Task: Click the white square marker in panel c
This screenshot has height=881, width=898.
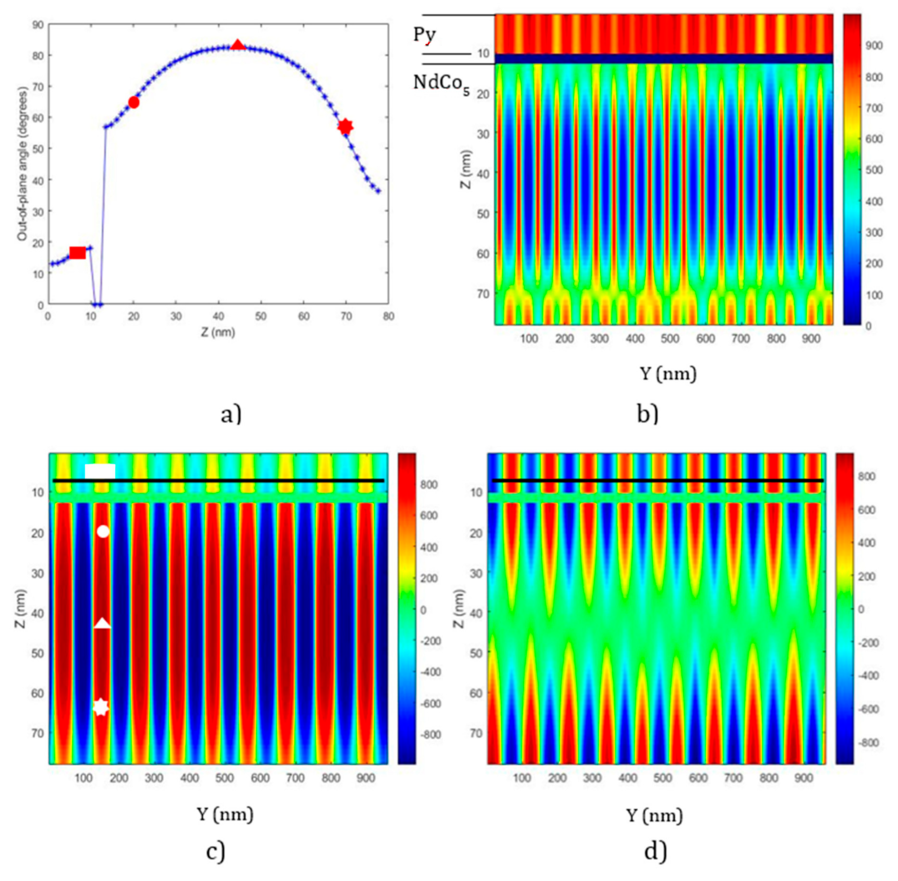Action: point(100,471)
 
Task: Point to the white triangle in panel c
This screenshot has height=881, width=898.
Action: point(103,624)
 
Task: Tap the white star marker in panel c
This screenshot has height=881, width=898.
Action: point(101,707)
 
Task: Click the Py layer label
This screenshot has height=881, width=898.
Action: point(425,35)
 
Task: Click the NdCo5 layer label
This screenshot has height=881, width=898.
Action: point(441,83)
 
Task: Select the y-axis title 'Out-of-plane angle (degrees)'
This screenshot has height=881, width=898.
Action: point(22,164)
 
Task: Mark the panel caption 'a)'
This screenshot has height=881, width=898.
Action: point(231,415)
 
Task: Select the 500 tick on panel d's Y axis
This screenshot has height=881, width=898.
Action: point(663,778)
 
